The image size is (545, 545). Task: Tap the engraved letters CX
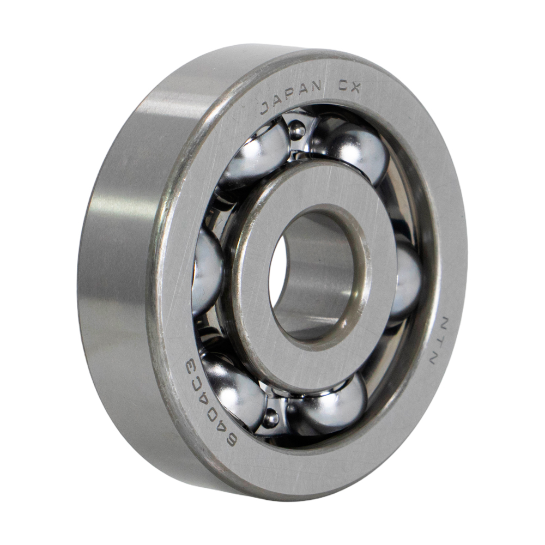(x=348, y=87)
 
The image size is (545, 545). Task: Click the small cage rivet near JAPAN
(x=297, y=130)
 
